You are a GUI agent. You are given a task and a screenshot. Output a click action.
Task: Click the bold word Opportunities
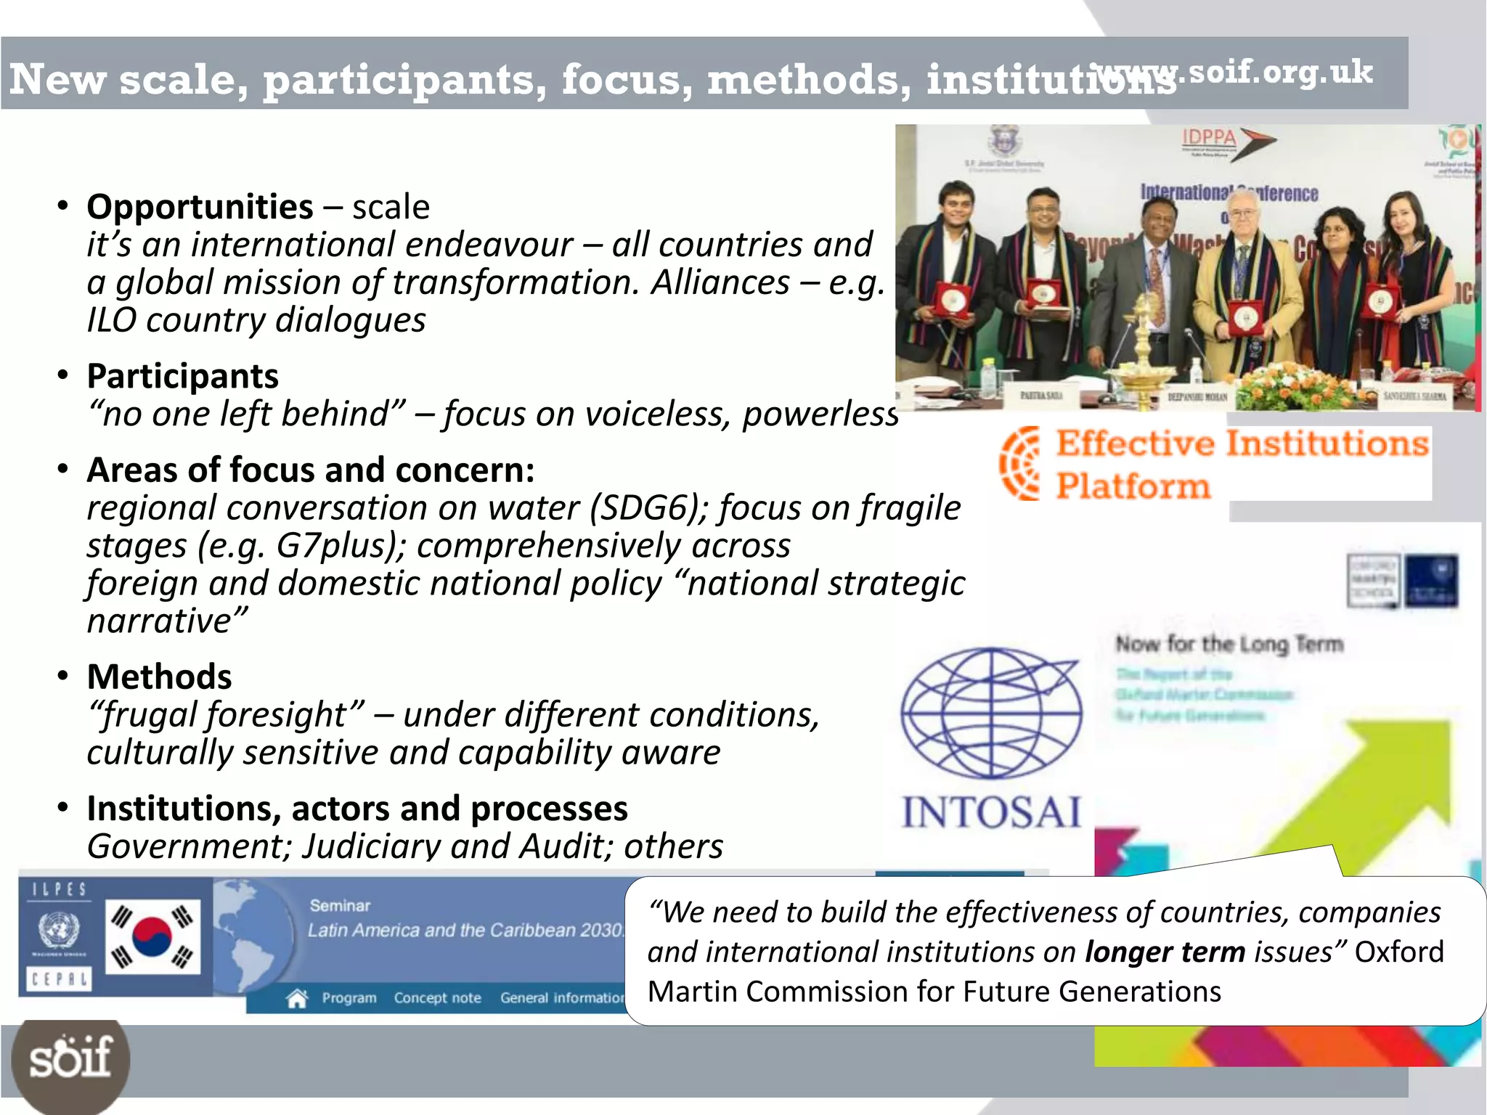[200, 208]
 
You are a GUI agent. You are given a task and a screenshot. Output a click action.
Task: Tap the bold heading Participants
[182, 377]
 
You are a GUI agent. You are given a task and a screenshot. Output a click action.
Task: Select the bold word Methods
[159, 677]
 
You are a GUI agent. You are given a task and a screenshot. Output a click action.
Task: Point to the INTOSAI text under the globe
[991, 812]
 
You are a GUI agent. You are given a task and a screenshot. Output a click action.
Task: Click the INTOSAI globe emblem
[991, 713]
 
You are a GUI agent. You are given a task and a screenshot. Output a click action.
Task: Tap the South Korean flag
[152, 936]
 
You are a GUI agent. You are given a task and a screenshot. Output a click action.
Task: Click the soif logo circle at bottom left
[70, 1058]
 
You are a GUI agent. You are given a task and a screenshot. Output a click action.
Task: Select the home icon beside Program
[297, 999]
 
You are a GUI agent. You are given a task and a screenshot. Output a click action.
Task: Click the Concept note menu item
[437, 999]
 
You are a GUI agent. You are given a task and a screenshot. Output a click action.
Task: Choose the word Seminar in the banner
[340, 906]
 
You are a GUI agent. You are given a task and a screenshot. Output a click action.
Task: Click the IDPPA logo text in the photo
[1209, 137]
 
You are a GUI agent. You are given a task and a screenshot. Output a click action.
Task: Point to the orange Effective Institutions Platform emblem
[1020, 463]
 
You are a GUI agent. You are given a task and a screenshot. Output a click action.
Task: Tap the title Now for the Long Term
[1229, 644]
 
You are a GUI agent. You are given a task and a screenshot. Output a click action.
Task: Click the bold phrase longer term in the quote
[1165, 952]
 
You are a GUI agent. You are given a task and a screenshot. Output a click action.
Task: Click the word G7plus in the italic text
[335, 546]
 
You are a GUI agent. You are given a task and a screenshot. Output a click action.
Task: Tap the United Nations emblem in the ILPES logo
[58, 930]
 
